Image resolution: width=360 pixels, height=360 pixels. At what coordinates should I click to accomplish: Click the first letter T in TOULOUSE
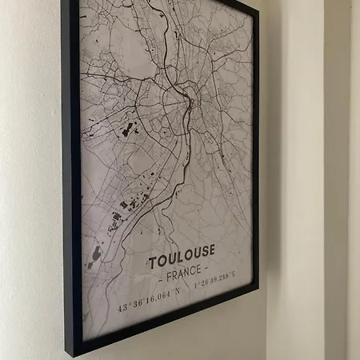(152, 263)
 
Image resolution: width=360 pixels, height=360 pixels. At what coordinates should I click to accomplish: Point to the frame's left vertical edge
(70, 176)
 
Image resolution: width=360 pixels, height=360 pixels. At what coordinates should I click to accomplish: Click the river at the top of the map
(169, 32)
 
